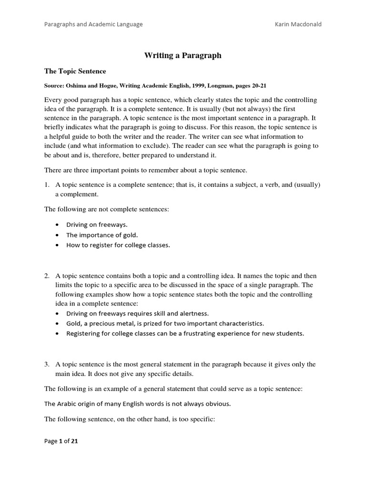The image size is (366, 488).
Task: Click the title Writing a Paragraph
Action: click(x=183, y=55)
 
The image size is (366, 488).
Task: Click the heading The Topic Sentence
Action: click(x=75, y=71)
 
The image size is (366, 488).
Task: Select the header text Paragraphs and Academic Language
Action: click(x=93, y=24)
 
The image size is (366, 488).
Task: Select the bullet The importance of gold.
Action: click(x=102, y=234)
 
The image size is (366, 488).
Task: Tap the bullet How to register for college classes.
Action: click(x=118, y=245)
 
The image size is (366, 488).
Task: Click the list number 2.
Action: click(x=47, y=276)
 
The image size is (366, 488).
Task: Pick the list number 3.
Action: click(x=47, y=364)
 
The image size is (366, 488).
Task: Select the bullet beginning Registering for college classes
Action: click(x=185, y=333)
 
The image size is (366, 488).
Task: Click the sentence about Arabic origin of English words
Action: click(x=137, y=404)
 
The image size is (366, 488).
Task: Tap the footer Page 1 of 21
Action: click(x=61, y=441)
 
